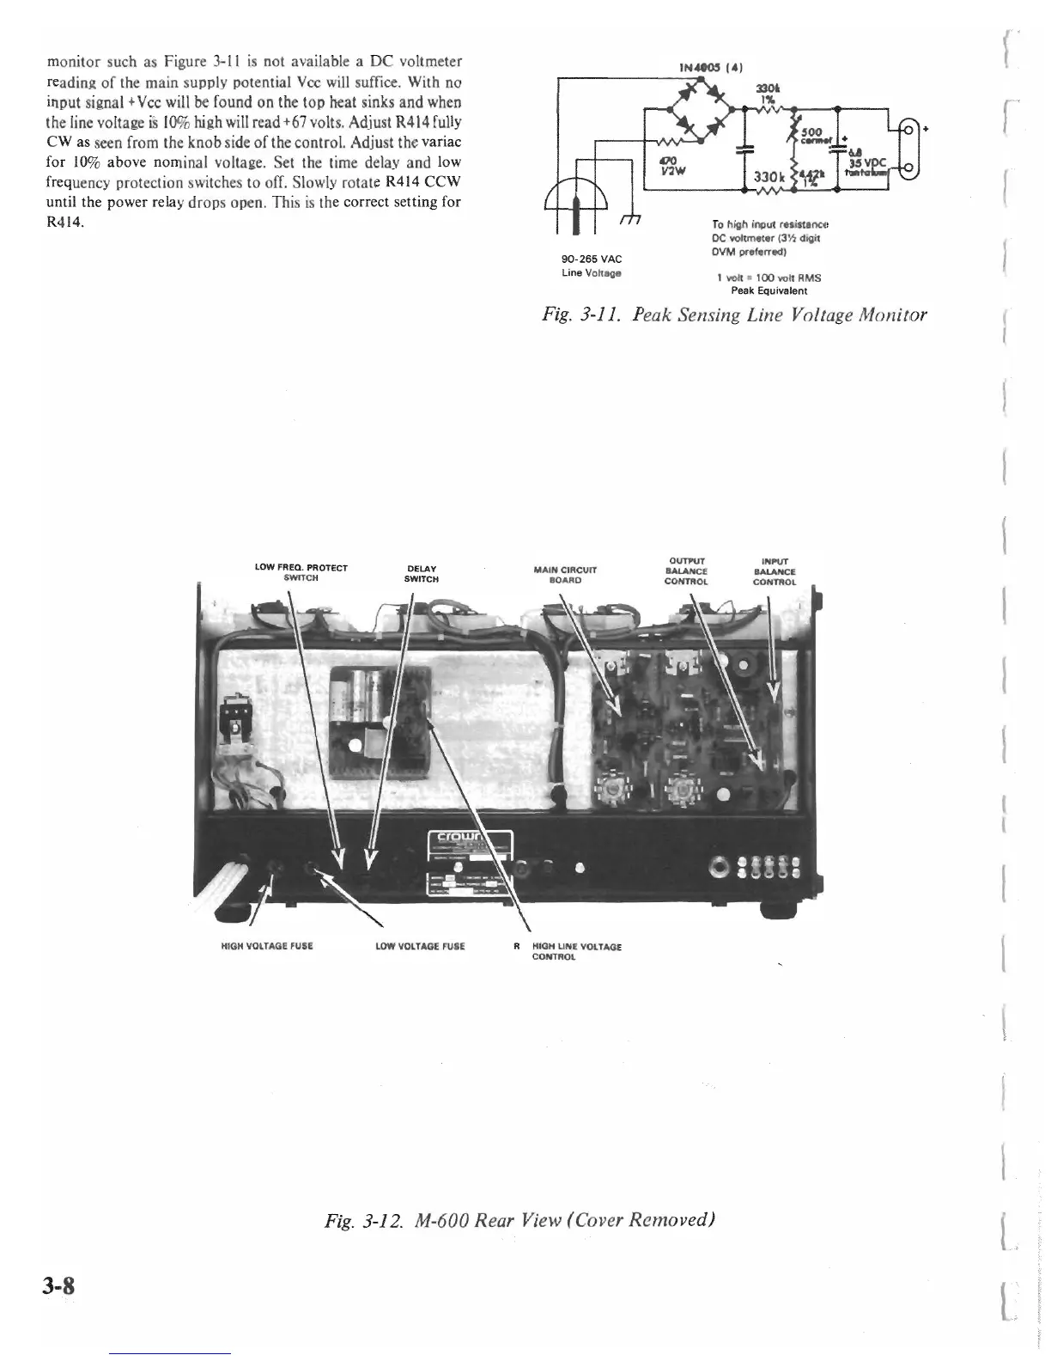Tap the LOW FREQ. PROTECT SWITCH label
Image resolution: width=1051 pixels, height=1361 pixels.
tap(301, 573)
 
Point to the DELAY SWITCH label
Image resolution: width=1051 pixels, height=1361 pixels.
tap(421, 573)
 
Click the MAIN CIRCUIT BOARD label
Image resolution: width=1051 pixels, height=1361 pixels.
tap(565, 574)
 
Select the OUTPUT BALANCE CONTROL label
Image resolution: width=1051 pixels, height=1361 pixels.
tap(686, 571)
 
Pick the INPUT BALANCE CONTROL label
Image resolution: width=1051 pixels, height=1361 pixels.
tap(775, 571)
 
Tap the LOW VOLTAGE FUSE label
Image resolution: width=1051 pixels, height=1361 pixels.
tap(421, 946)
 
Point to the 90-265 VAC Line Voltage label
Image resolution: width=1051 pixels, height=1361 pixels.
tap(592, 265)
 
